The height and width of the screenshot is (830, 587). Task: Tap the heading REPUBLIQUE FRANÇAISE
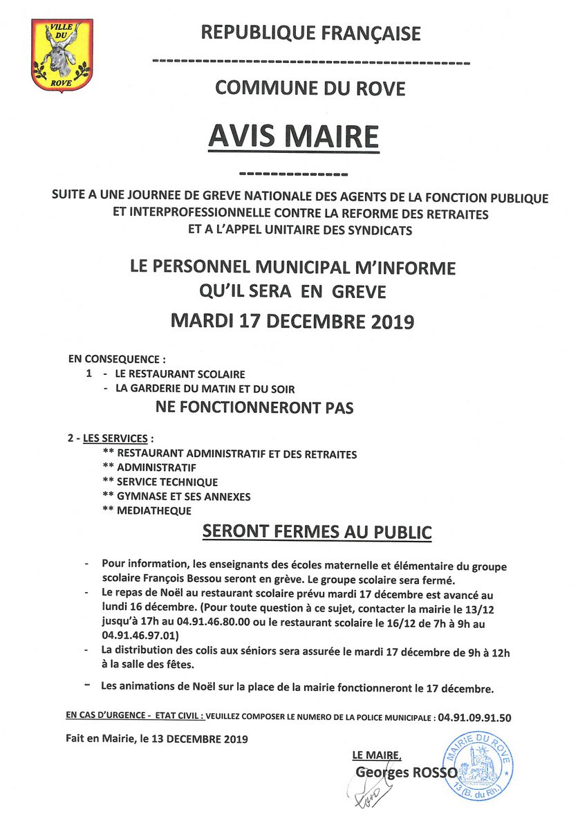[x=310, y=33]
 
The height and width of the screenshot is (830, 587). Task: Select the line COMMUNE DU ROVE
[x=310, y=89]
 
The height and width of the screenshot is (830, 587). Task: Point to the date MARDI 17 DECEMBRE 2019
[x=292, y=321]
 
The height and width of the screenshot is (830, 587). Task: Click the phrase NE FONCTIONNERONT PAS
[x=254, y=407]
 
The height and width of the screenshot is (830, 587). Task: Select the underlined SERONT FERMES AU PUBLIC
[x=317, y=532]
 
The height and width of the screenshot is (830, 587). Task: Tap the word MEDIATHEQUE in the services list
[x=154, y=510]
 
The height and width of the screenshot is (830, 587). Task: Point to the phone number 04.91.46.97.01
[x=140, y=635]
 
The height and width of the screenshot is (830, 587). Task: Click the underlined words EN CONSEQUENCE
[x=116, y=360]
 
